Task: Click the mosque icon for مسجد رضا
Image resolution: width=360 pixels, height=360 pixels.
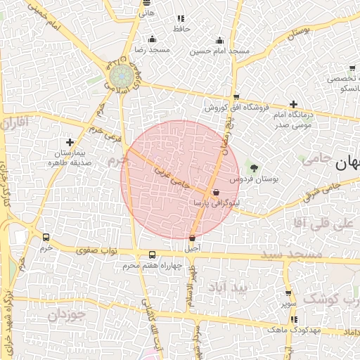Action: pyautogui.click(x=153, y=39)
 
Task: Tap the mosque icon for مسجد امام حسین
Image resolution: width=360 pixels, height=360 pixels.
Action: pyautogui.click(x=219, y=39)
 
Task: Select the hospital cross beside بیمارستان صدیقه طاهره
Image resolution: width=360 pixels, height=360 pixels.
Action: pyautogui.click(x=69, y=142)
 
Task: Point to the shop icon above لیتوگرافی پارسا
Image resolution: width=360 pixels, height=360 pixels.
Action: pyautogui.click(x=216, y=191)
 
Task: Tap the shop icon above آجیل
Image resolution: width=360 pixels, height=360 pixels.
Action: pyautogui.click(x=193, y=237)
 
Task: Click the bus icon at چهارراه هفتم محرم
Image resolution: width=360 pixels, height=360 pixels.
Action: pyautogui.click(x=153, y=255)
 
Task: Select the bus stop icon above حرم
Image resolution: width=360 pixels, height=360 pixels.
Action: pyautogui.click(x=46, y=237)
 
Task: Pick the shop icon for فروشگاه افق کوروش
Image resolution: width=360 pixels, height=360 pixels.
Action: pyautogui.click(x=236, y=97)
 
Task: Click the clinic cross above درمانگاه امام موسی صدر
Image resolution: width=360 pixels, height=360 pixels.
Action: pyautogui.click(x=293, y=104)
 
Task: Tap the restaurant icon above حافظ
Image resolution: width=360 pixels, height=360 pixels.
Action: pyautogui.click(x=181, y=18)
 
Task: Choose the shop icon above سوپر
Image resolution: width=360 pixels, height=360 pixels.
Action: pyautogui.click(x=288, y=294)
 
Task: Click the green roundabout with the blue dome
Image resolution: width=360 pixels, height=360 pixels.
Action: pyautogui.click(x=120, y=75)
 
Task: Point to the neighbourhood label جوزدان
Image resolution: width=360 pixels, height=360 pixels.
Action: pyautogui.click(x=67, y=316)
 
